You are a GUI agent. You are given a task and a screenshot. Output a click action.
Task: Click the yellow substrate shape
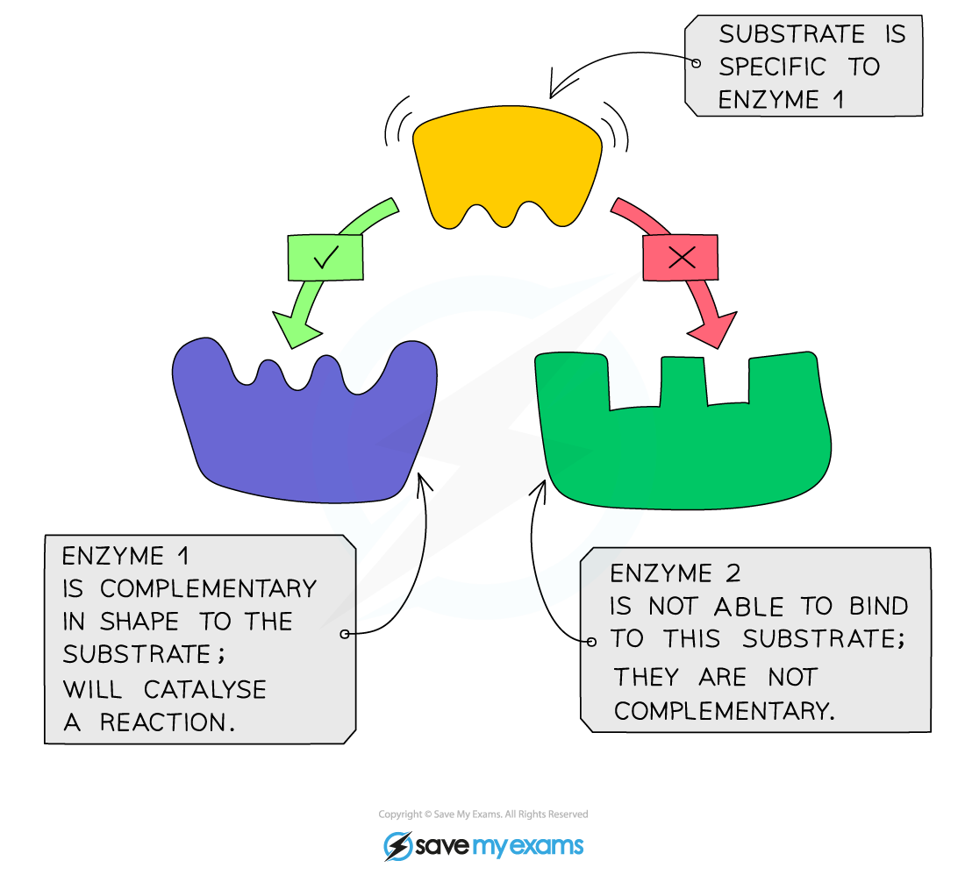click(x=506, y=162)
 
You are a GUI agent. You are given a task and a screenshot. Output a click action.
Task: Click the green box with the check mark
click(x=325, y=257)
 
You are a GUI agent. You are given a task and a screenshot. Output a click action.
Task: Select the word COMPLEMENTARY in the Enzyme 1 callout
click(x=210, y=588)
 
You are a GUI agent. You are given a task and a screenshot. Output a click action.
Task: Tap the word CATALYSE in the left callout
click(x=204, y=689)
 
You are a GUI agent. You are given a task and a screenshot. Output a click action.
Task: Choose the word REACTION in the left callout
click(x=166, y=722)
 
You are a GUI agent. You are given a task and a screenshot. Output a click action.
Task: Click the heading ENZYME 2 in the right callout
click(x=675, y=573)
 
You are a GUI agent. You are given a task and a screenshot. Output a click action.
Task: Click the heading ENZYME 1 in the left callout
click(x=125, y=556)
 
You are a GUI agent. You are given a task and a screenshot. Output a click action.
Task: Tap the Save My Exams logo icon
click(x=397, y=846)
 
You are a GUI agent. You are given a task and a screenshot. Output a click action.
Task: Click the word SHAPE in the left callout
click(x=139, y=622)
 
